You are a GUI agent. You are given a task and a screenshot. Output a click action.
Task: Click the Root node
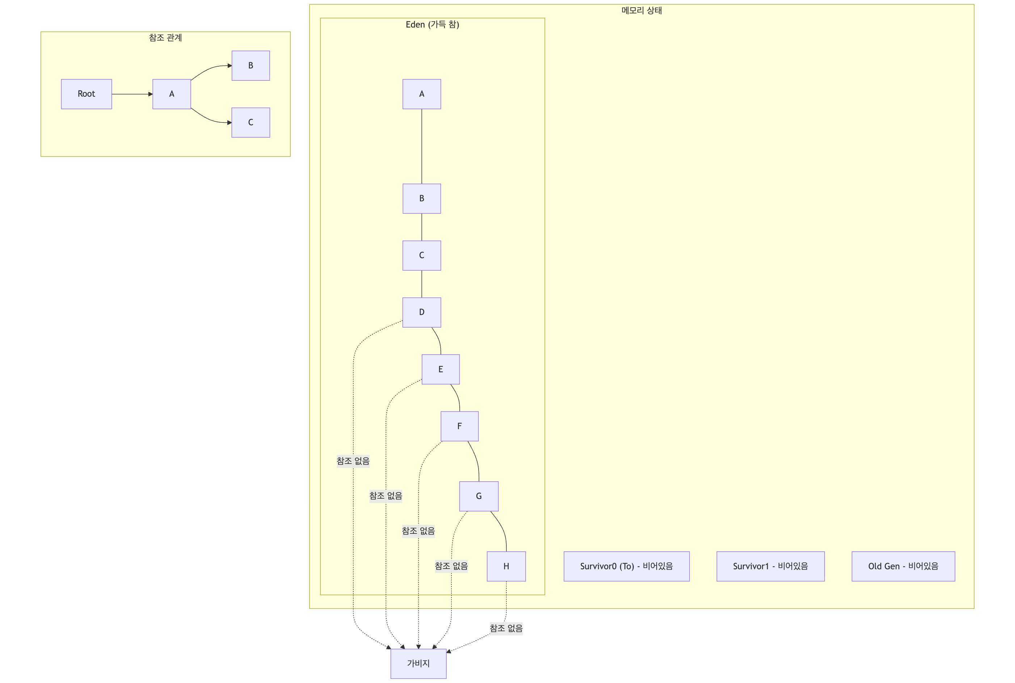(x=86, y=94)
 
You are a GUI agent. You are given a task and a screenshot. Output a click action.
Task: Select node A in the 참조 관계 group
(x=172, y=94)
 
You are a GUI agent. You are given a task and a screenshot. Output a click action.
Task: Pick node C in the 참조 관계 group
(x=250, y=122)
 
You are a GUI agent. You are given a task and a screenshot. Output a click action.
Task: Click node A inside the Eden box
(x=421, y=94)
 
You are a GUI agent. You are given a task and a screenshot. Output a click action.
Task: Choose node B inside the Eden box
(x=421, y=198)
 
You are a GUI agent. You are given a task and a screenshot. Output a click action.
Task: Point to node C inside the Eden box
(x=421, y=255)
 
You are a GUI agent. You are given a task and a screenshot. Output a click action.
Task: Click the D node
(x=421, y=312)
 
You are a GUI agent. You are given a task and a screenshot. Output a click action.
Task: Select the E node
(x=440, y=369)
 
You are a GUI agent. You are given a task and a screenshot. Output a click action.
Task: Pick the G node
(x=479, y=496)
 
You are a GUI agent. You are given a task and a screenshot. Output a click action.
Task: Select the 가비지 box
(x=418, y=663)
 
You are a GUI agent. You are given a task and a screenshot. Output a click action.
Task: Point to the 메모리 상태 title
(x=641, y=11)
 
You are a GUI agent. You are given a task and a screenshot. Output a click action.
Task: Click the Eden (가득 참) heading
(x=432, y=24)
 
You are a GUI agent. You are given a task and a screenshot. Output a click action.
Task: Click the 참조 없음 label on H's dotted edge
(x=506, y=628)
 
